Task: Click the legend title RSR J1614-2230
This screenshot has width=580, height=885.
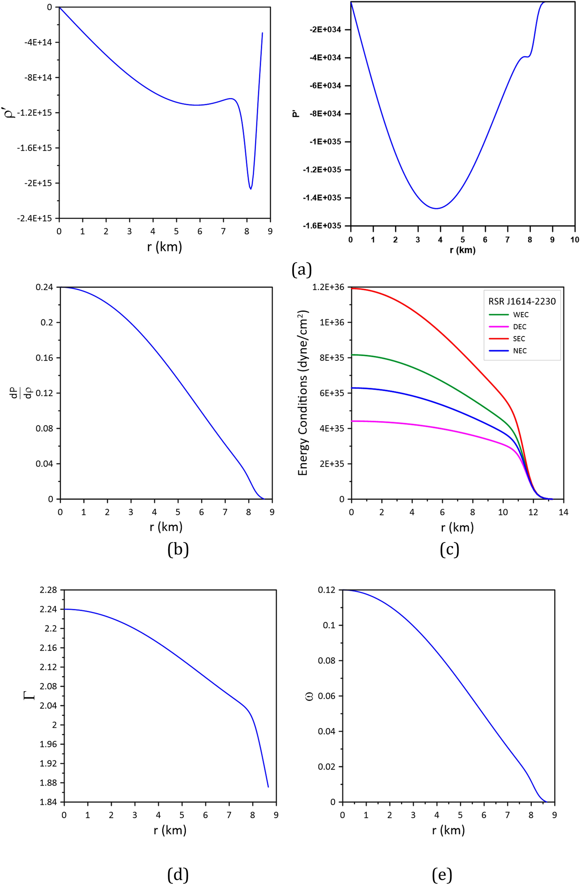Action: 522,301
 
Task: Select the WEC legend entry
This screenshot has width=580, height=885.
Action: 520,315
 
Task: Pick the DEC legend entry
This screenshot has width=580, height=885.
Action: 520,327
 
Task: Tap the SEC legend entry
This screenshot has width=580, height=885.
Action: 519,339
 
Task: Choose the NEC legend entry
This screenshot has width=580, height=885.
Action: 520,351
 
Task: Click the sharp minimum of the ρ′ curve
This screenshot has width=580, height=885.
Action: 251,189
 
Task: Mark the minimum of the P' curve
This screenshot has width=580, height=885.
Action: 436,208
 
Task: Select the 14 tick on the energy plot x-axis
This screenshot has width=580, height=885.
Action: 563,512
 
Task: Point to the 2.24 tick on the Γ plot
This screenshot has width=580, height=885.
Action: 48,609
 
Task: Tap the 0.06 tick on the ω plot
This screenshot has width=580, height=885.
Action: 327,696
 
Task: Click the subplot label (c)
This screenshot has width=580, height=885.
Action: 449,549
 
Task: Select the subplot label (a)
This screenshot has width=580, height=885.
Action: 302,269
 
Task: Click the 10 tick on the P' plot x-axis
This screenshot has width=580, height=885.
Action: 574,240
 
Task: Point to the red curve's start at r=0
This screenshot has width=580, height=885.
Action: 352,289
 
